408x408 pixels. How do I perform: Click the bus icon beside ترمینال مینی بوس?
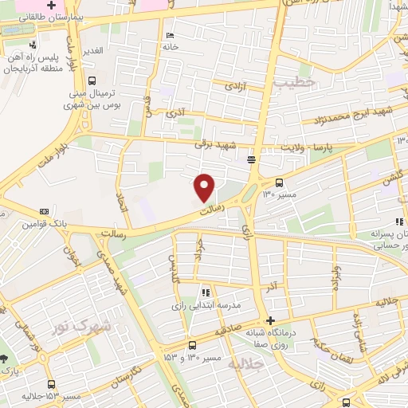(92, 80)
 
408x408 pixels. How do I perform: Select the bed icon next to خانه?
(169, 36)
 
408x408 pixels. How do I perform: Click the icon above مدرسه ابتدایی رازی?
(206, 292)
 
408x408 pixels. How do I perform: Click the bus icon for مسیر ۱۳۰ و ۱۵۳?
(191, 345)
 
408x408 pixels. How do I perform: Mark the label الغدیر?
(93, 50)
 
